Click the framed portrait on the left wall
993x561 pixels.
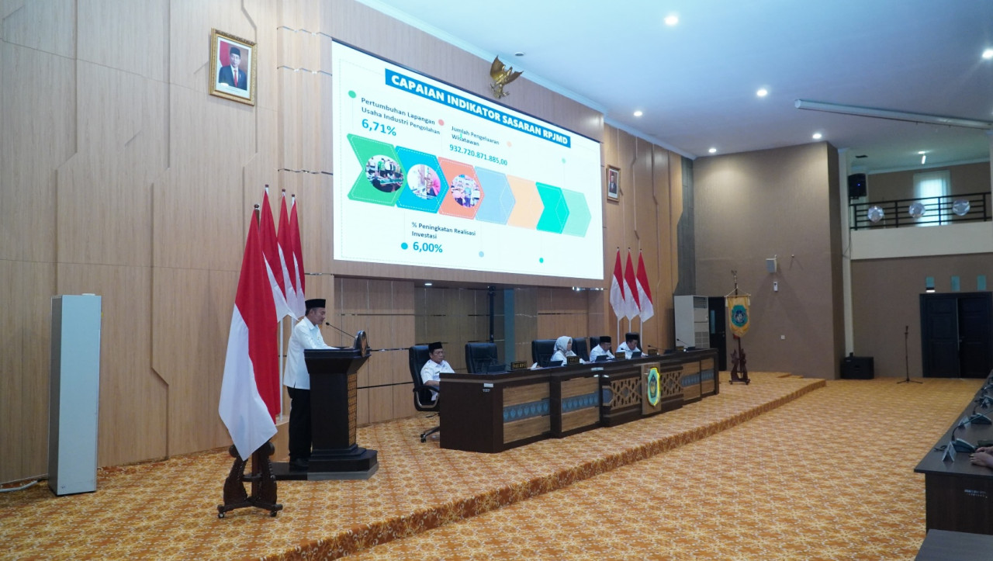tap(232, 67)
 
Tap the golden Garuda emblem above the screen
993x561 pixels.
tap(503, 76)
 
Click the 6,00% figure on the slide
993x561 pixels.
tap(427, 248)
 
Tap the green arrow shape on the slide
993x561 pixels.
tap(374, 171)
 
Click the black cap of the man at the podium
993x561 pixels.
tap(315, 303)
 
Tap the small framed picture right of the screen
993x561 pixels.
tap(613, 184)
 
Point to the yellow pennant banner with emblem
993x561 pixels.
tap(739, 313)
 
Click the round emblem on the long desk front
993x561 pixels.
tap(653, 386)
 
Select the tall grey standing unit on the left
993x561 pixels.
tap(74, 393)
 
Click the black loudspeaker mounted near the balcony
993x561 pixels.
tap(856, 185)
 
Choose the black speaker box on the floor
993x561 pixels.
tap(856, 367)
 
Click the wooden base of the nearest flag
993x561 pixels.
tap(250, 486)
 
